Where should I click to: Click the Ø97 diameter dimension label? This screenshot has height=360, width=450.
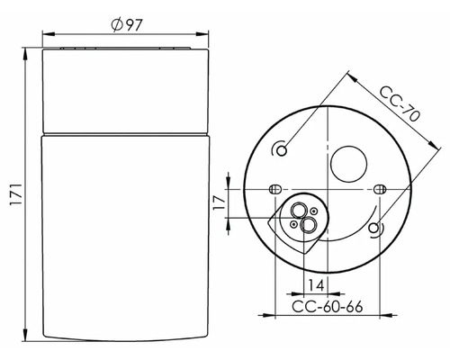click(126, 25)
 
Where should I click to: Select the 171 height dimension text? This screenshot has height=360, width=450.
click(16, 194)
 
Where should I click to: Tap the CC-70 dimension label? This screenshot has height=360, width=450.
click(400, 103)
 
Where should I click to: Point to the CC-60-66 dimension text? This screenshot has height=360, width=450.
click(328, 307)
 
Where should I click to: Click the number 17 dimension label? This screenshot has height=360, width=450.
click(220, 202)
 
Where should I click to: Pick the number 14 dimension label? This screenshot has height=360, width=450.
click(316, 285)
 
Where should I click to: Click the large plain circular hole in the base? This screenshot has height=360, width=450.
click(348, 164)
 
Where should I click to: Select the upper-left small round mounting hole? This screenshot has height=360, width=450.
click(282, 150)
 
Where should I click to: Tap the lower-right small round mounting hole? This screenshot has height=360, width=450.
click(373, 229)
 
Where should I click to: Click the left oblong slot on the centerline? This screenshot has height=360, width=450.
click(274, 189)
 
